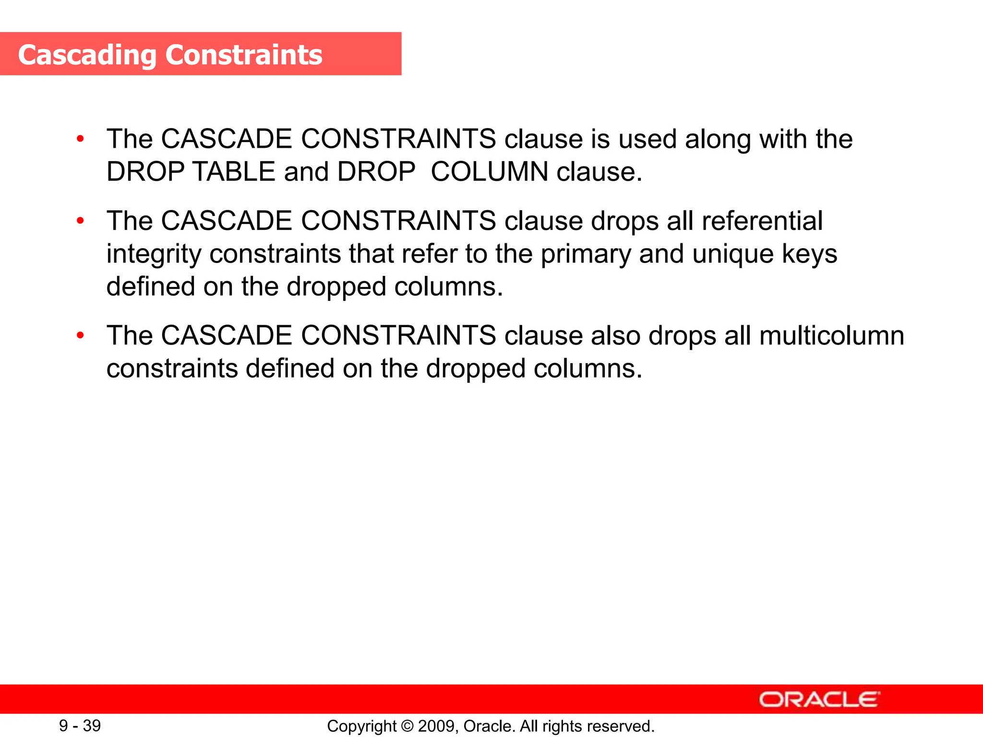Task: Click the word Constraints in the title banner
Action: (244, 55)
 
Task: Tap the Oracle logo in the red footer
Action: (819, 700)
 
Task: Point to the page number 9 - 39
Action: (80, 726)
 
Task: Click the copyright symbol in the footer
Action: (407, 726)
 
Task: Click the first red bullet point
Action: (80, 139)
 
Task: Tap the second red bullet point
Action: (80, 221)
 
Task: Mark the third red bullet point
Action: (80, 335)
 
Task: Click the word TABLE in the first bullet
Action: (234, 172)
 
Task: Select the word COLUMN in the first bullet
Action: (489, 172)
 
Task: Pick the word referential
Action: (762, 221)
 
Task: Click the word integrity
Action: (154, 254)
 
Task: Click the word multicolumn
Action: (831, 335)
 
